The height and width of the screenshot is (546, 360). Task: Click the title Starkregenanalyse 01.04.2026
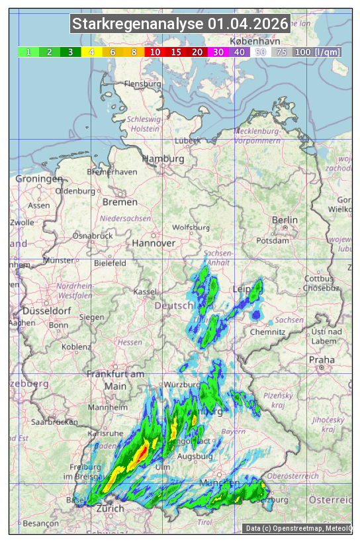click(x=180, y=24)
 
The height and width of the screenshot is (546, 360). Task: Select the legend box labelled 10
click(x=155, y=52)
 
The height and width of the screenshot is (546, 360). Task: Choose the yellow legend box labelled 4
click(x=91, y=52)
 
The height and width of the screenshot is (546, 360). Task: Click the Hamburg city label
click(x=163, y=159)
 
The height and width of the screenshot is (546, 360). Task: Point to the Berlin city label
click(x=285, y=220)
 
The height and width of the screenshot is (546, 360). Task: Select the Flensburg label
click(x=143, y=84)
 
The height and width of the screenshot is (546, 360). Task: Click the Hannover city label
click(x=154, y=243)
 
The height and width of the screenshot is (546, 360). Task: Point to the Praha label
click(x=322, y=359)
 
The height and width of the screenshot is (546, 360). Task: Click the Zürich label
click(x=110, y=508)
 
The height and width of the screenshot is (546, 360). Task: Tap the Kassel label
click(x=144, y=291)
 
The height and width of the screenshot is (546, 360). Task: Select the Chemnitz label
click(x=272, y=331)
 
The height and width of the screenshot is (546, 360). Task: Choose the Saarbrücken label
click(x=56, y=422)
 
